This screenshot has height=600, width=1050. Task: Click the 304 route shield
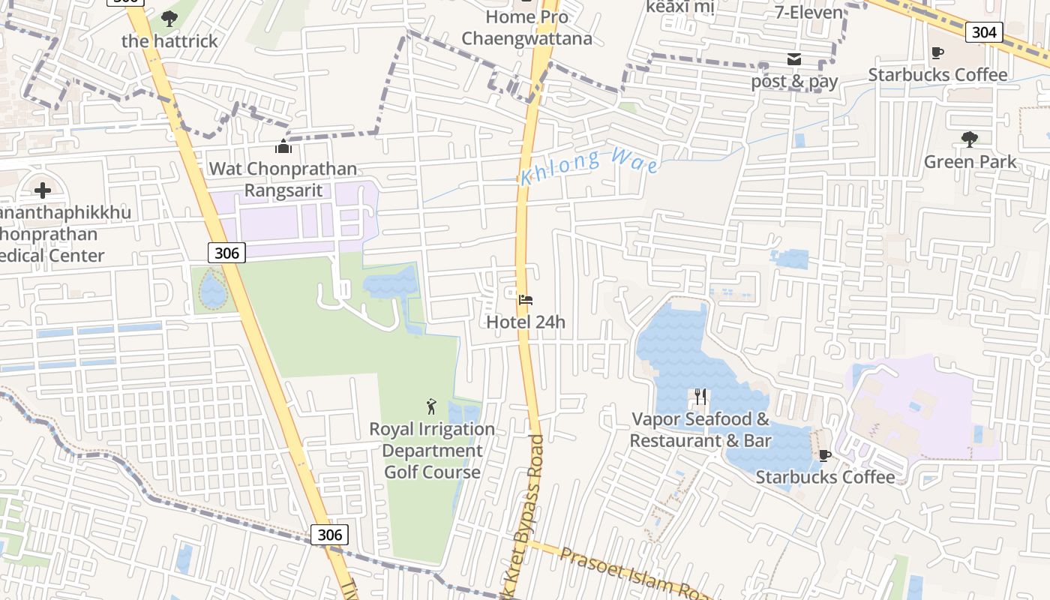coord(983,31)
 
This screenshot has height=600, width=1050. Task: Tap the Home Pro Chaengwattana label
coord(526,28)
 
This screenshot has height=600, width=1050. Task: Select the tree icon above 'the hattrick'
coord(169,19)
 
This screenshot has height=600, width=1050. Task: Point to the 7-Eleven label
coord(808,12)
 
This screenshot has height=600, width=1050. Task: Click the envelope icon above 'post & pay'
coord(794,60)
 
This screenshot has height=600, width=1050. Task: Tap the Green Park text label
coord(970,161)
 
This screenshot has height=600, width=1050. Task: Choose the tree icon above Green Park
coord(969,139)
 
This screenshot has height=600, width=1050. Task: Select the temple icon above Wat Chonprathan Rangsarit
coord(283,146)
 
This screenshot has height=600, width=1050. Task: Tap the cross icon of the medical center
coord(43,190)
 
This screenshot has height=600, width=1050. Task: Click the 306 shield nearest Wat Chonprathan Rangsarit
coord(226,253)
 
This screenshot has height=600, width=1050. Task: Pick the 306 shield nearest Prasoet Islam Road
coord(329,535)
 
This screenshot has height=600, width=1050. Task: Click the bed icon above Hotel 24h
coord(526,300)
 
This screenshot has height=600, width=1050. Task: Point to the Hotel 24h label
coord(526,322)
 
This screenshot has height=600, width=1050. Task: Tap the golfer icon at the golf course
coord(431,406)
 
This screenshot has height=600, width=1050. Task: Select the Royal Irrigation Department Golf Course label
coord(432,450)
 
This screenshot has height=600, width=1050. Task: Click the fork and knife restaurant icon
coord(700,396)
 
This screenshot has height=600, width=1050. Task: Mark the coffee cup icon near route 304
coord(937,52)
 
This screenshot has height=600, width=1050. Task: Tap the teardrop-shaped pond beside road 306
coord(213,289)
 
